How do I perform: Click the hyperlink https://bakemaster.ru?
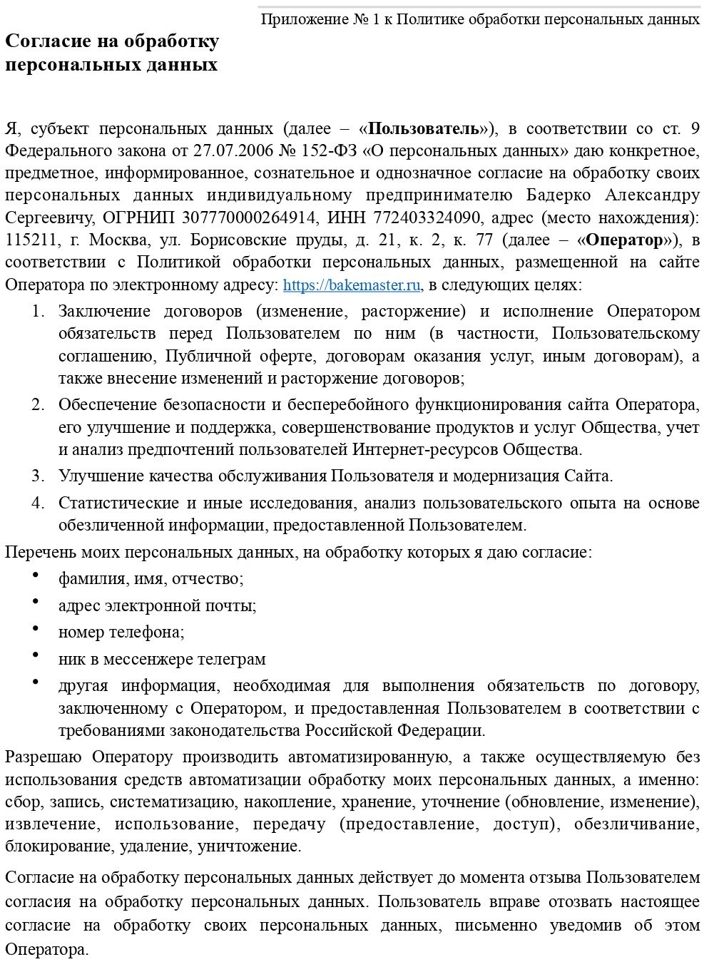pos(352,285)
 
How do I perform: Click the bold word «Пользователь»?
pos(424,129)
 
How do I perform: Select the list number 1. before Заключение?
pos(39,312)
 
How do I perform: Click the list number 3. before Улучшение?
pos(39,476)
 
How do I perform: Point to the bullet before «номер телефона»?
pos(35,628)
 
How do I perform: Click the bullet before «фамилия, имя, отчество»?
pos(35,575)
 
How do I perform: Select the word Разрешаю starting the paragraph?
pos(44,757)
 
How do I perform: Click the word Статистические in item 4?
pos(117,503)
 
